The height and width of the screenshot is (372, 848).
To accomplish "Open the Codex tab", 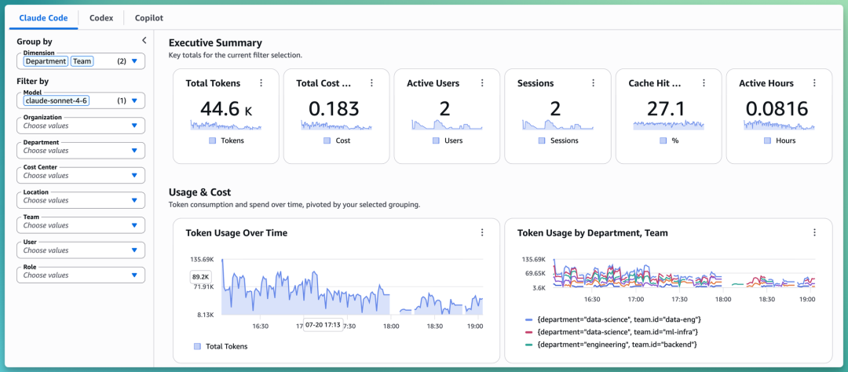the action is click(x=101, y=18).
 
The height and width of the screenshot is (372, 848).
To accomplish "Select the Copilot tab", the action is click(x=149, y=18).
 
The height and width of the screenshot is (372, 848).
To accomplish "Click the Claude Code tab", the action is click(x=43, y=18).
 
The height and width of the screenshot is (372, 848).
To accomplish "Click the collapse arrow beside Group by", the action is click(x=144, y=40).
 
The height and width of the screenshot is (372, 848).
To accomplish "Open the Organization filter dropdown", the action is click(x=81, y=126).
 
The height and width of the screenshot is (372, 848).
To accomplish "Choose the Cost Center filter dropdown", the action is click(x=81, y=175).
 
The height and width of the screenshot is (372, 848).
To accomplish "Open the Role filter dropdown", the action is click(x=81, y=275).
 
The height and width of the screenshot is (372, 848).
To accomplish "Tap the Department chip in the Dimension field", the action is click(x=46, y=61).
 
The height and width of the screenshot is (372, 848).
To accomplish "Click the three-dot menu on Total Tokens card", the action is click(x=261, y=82).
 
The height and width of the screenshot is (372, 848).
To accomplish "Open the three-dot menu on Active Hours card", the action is click(x=814, y=82).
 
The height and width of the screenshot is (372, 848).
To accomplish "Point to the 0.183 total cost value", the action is click(x=334, y=108).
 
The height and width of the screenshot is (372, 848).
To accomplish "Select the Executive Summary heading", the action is click(x=215, y=42).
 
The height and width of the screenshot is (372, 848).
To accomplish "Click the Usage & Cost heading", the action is click(x=199, y=192).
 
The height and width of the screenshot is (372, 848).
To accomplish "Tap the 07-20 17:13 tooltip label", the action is click(x=323, y=326).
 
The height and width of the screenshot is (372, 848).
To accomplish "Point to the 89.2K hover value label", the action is click(x=201, y=277).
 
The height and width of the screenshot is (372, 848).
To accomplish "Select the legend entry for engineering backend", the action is click(x=611, y=344).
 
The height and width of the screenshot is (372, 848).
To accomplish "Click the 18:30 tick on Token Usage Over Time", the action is click(x=435, y=326).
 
